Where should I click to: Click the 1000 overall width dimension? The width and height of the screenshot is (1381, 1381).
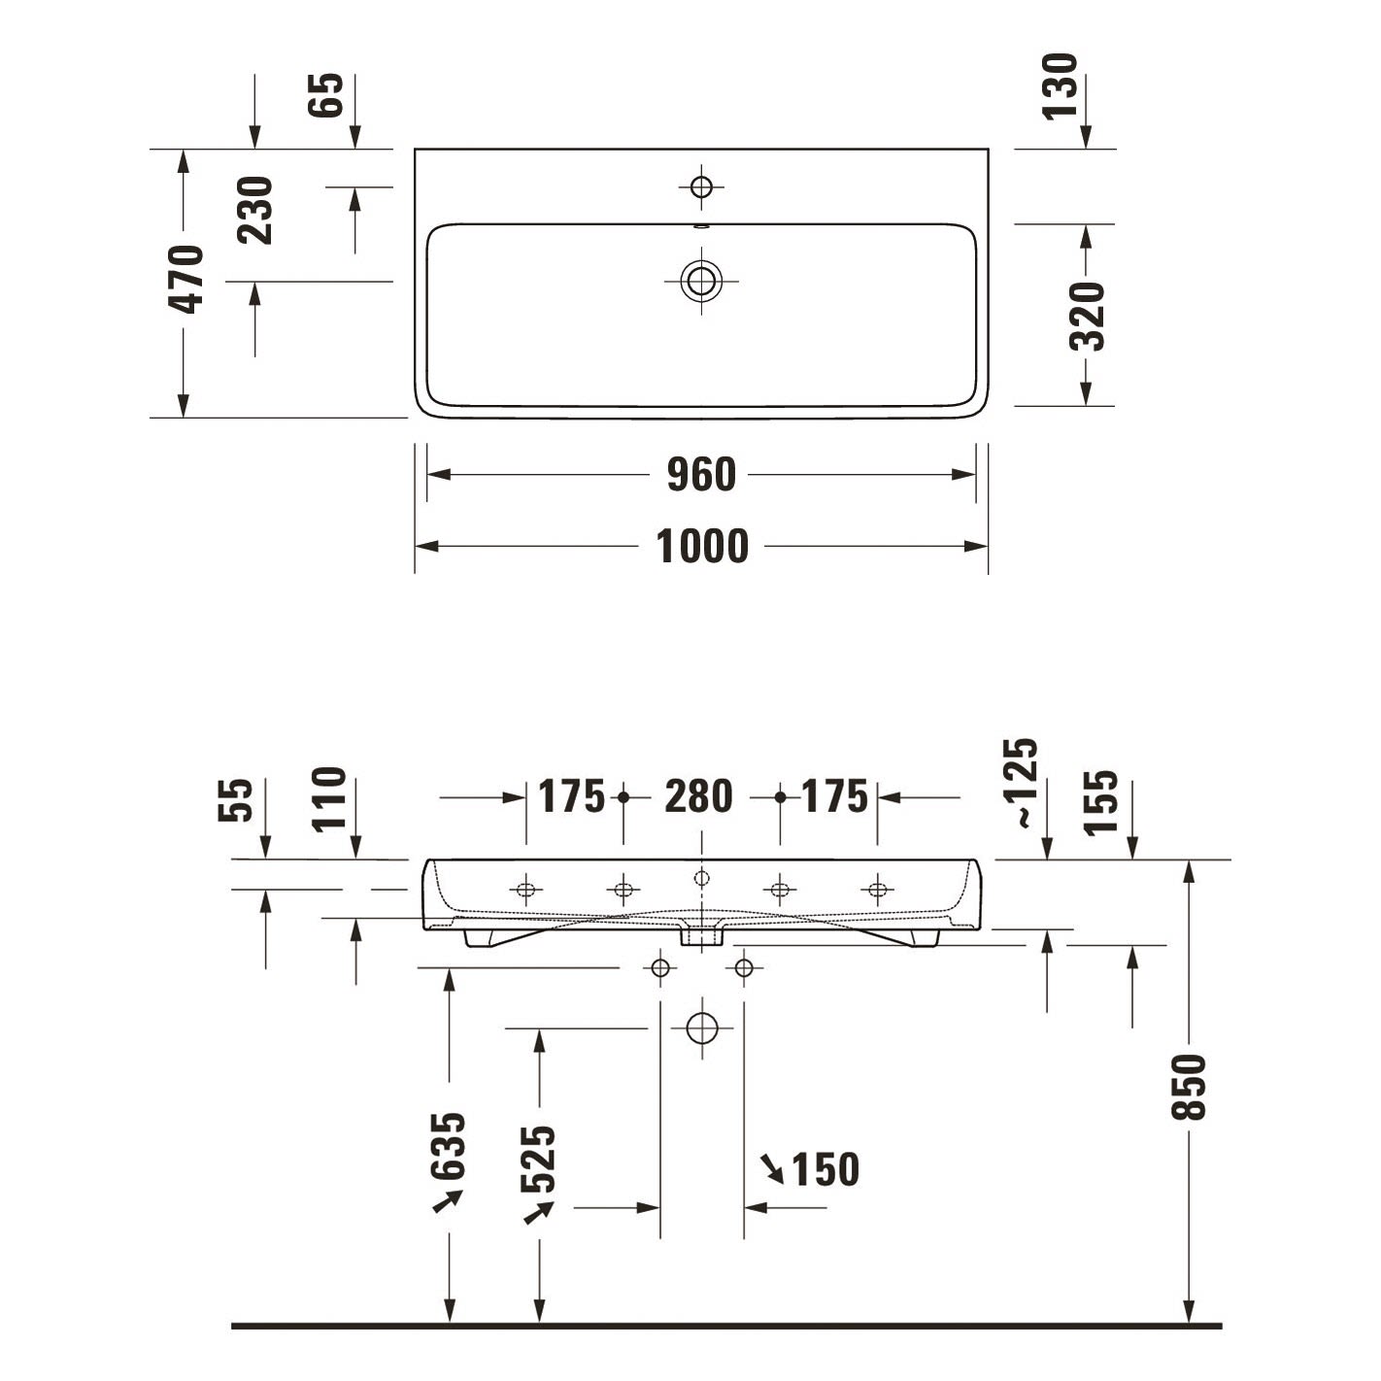pos(701,546)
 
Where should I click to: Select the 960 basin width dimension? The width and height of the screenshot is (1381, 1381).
pos(701,475)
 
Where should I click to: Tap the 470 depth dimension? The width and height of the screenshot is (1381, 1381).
pos(185,280)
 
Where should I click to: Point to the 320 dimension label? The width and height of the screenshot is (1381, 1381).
pos(1087,316)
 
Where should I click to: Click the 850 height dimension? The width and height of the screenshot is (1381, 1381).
pos(1189,1087)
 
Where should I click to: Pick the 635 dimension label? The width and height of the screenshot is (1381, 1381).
pos(448,1146)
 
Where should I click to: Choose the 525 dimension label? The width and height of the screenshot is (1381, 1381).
pos(538,1160)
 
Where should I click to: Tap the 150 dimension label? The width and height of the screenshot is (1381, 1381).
pos(825,1169)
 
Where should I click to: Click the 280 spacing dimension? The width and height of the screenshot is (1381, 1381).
pos(698,797)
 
